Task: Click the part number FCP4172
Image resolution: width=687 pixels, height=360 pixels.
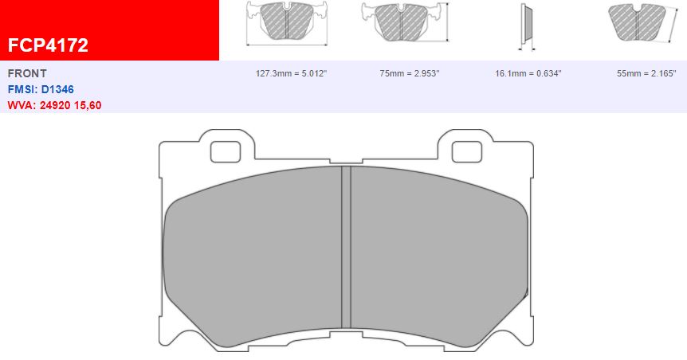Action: pyautogui.click(x=48, y=45)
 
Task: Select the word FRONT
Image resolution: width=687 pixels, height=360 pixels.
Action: pyautogui.click(x=27, y=73)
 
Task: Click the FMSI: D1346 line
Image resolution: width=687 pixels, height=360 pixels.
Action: pyautogui.click(x=41, y=89)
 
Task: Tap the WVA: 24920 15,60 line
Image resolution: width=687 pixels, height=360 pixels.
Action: pyautogui.click(x=54, y=105)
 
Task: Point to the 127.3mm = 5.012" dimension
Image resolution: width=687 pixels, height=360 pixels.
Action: pyautogui.click(x=291, y=73)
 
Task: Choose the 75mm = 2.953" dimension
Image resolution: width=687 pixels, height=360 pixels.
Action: pyautogui.click(x=410, y=73)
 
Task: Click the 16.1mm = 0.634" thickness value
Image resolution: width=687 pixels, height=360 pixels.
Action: pyautogui.click(x=528, y=73)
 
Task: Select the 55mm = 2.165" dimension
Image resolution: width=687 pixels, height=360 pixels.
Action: pyautogui.click(x=647, y=73)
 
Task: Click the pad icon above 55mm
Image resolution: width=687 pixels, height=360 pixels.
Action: pyautogui.click(x=637, y=21)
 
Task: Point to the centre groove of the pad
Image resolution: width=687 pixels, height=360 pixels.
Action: pyautogui.click(x=346, y=247)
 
